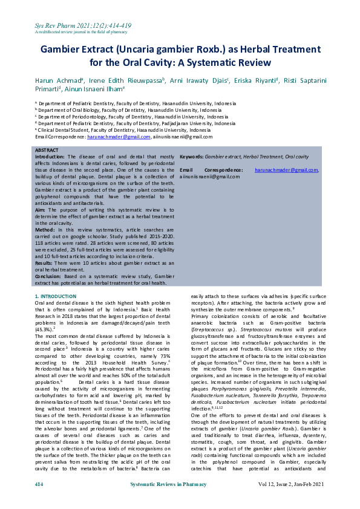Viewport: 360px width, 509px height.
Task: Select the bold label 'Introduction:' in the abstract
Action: (x=51, y=155)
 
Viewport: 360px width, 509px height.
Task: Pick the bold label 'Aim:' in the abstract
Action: (x=41, y=209)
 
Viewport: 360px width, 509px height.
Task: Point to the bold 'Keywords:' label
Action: (x=191, y=155)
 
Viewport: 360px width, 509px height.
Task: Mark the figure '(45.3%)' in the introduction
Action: (x=44, y=329)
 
